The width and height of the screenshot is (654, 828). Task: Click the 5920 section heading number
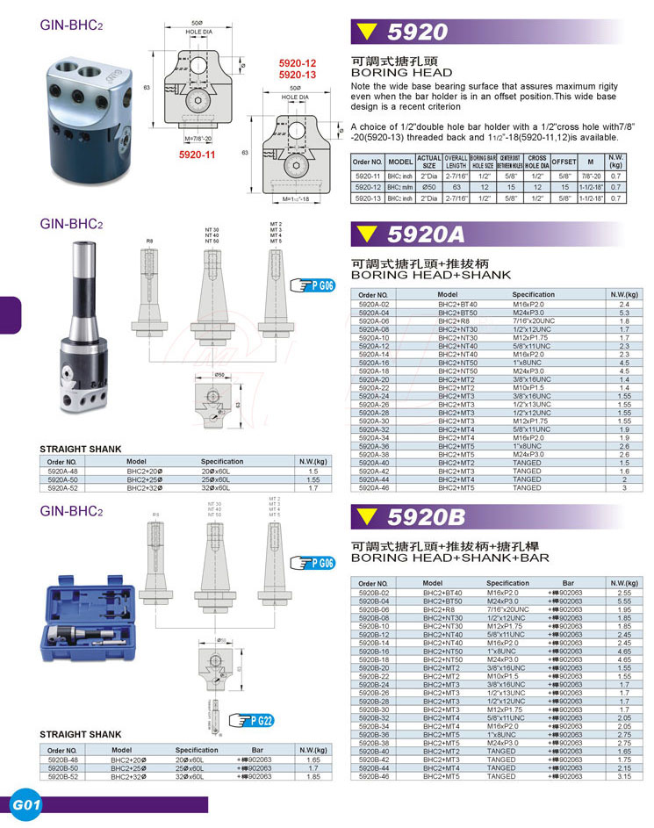tap(417, 33)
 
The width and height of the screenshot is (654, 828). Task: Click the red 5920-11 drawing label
tap(197, 154)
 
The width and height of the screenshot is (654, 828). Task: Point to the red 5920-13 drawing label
tap(297, 75)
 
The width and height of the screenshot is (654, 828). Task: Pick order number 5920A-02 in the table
tap(374, 304)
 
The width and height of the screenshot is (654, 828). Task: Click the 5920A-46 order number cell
tap(374, 487)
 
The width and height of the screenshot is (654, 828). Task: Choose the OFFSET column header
tap(564, 162)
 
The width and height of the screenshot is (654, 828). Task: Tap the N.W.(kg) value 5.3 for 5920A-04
tap(624, 313)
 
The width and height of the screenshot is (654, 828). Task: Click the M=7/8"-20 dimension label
tap(200, 139)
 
